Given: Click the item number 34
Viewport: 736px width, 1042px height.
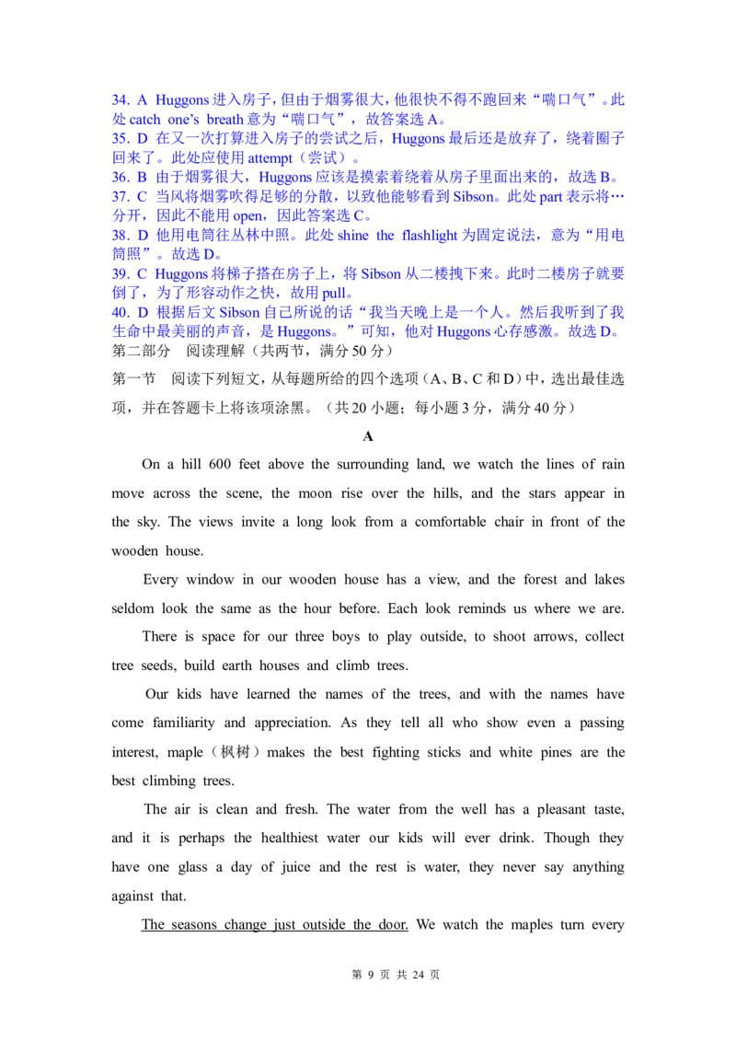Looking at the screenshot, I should click(118, 98).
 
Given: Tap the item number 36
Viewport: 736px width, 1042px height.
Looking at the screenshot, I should click(118, 176).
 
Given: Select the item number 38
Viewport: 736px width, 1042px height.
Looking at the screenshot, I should click(118, 234).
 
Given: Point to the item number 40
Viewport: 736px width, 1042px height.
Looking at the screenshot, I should click(118, 312).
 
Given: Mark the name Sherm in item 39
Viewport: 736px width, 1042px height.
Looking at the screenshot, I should click(386, 273).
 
